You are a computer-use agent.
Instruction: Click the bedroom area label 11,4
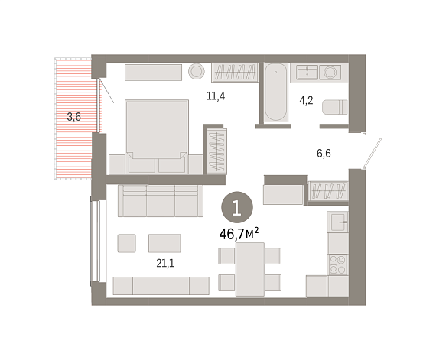pos(216,96)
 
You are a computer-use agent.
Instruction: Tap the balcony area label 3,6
pos(73,117)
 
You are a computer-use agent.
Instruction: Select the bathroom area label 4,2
pos(306,101)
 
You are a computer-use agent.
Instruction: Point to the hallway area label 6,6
pos(324,154)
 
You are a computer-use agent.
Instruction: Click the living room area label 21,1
pos(165,263)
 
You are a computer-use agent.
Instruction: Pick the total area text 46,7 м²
pos(239,234)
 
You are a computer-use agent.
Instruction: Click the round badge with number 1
pos(237,207)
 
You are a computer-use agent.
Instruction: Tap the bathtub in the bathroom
pos(275,92)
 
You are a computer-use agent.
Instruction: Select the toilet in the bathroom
pos(335,107)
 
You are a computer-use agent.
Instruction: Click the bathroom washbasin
pos(307,73)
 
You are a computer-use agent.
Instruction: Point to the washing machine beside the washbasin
pos(330,73)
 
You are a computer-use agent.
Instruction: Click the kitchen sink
pos(338,222)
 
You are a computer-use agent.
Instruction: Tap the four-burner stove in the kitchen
pos(338,264)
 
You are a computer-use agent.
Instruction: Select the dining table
pos(250,269)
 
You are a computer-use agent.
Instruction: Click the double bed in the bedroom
pos(157,136)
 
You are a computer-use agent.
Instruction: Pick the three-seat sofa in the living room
pos(161,200)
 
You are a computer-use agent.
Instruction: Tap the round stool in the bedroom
pos(197,71)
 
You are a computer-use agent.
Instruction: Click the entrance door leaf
pos(373,154)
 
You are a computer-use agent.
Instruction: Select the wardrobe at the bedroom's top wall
pos(235,72)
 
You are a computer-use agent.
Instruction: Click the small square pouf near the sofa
pos(126,243)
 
